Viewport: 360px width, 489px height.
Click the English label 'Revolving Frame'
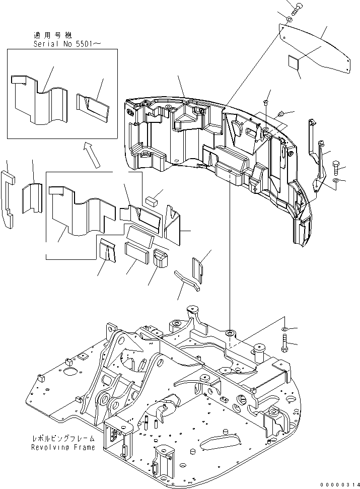pos(63,447)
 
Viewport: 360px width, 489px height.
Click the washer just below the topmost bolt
pos(289,20)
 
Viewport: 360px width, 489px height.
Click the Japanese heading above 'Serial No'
pos(53,35)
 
